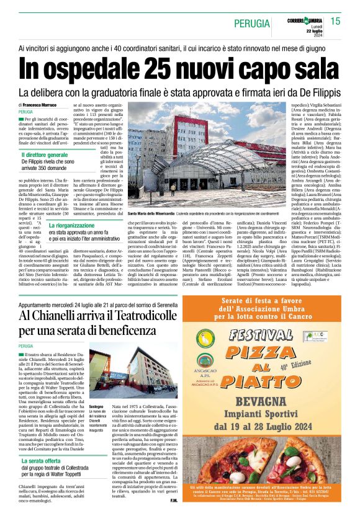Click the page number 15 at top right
[x=336, y=22]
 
